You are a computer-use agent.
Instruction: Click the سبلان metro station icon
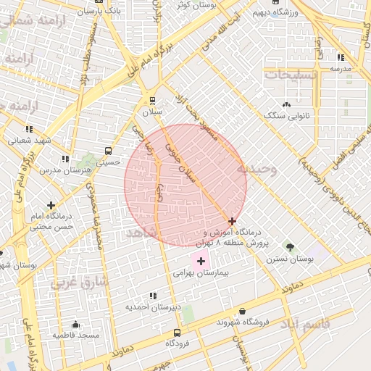point(152,101)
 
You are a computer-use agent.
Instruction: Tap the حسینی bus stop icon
point(108,151)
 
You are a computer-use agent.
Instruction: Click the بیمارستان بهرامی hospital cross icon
point(201,261)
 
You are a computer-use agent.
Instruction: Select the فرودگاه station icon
point(176,332)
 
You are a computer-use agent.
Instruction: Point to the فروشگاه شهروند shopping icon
point(241,312)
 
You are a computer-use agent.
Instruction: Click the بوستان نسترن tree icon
point(291,248)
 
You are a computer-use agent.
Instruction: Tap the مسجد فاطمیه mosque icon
point(75,325)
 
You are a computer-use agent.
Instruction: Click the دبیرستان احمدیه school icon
point(152,296)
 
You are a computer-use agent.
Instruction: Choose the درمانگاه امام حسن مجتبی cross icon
point(51,205)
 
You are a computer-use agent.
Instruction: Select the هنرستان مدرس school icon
point(64,158)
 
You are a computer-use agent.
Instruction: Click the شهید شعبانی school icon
point(29,129)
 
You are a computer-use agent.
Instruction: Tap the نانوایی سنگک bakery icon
point(286,104)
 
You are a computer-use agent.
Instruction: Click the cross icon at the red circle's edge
point(232,221)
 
